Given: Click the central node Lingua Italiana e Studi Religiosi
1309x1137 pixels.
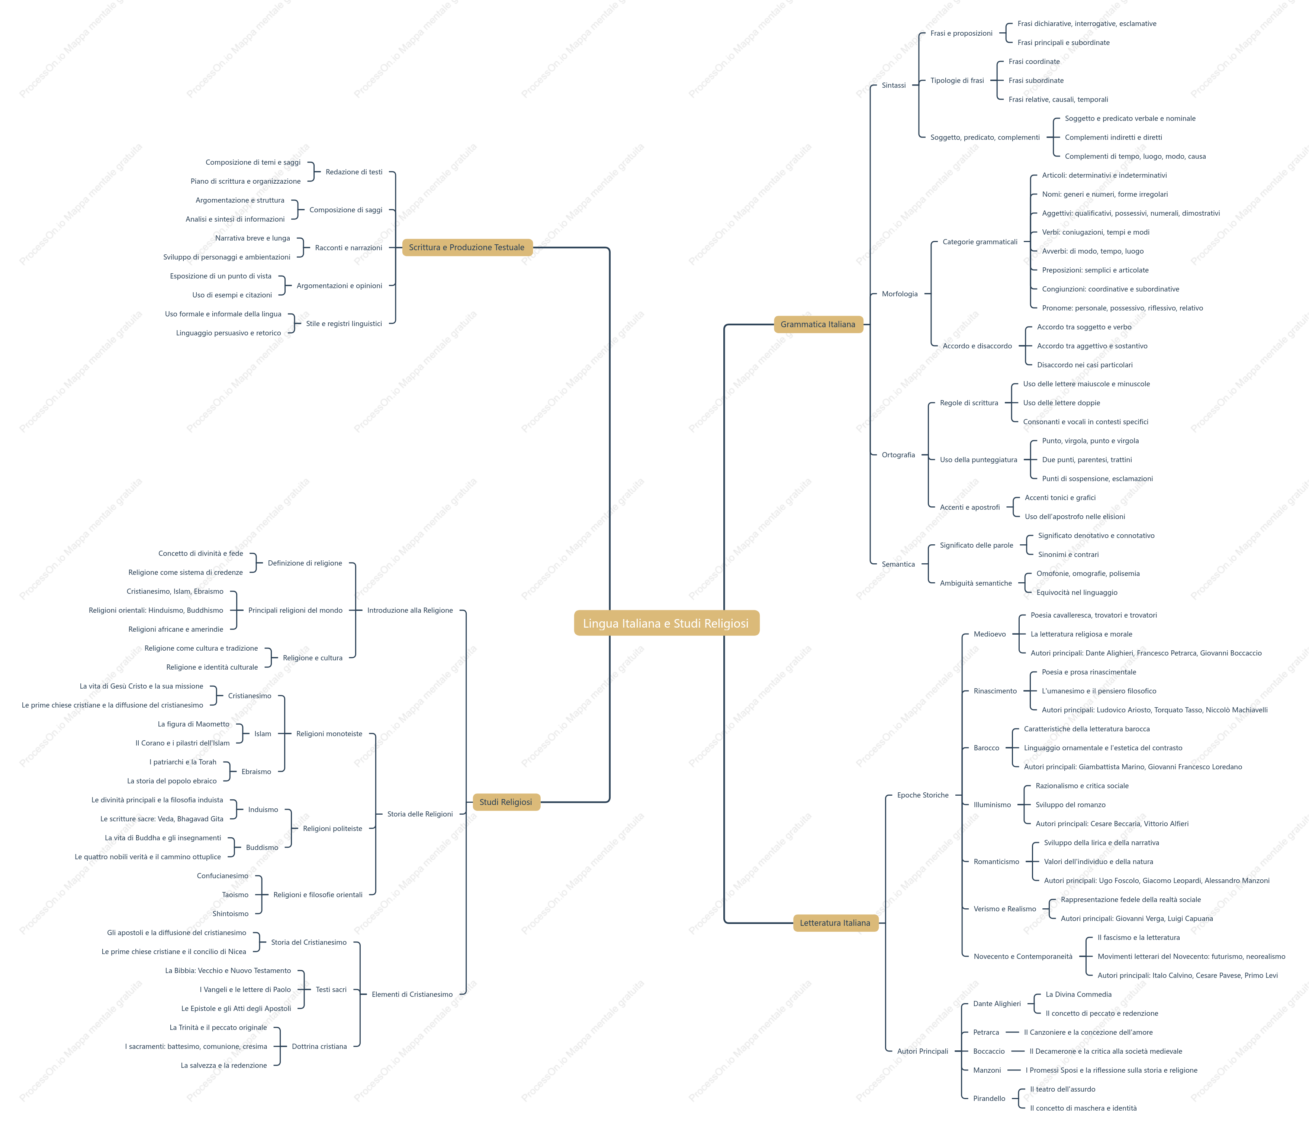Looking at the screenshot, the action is tap(666, 623).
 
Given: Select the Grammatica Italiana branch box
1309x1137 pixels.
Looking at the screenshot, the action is tap(818, 324).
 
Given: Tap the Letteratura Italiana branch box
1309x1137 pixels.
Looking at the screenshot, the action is tap(835, 922).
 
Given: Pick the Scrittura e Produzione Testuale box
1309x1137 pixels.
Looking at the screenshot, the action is tap(467, 248).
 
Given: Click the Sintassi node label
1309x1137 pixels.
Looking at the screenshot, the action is tap(893, 85).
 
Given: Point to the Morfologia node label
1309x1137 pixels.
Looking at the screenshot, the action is tap(900, 294).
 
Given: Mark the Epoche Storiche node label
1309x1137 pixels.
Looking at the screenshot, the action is tap(923, 795).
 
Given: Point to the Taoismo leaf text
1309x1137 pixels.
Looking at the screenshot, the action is tap(235, 895).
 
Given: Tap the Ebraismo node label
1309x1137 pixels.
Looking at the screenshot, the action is tap(256, 772).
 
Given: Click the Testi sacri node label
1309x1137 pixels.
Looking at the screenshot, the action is tap(331, 989).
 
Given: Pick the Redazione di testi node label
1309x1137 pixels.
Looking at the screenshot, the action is tap(354, 172).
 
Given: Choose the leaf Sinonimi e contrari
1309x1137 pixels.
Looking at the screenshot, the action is tap(1068, 554).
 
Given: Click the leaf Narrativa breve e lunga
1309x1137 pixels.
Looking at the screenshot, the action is tap(253, 238).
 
